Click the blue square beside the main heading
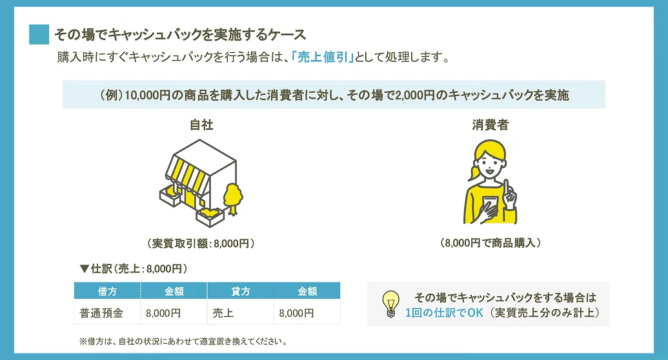[x=39, y=34]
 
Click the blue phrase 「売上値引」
[x=323, y=57]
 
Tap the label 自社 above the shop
[x=201, y=125]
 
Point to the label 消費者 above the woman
[x=491, y=125]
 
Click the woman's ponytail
[x=473, y=172]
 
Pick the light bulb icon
[x=390, y=304]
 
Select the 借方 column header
[x=107, y=291]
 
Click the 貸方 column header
[x=241, y=291]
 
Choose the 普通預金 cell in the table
[x=101, y=313]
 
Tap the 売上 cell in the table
[x=223, y=313]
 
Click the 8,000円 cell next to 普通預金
[x=163, y=313]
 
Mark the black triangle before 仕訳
[x=85, y=269]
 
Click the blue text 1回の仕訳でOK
[x=444, y=313]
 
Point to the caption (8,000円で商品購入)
[x=491, y=243]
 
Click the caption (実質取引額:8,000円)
[x=201, y=243]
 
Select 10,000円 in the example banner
[x=147, y=95]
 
